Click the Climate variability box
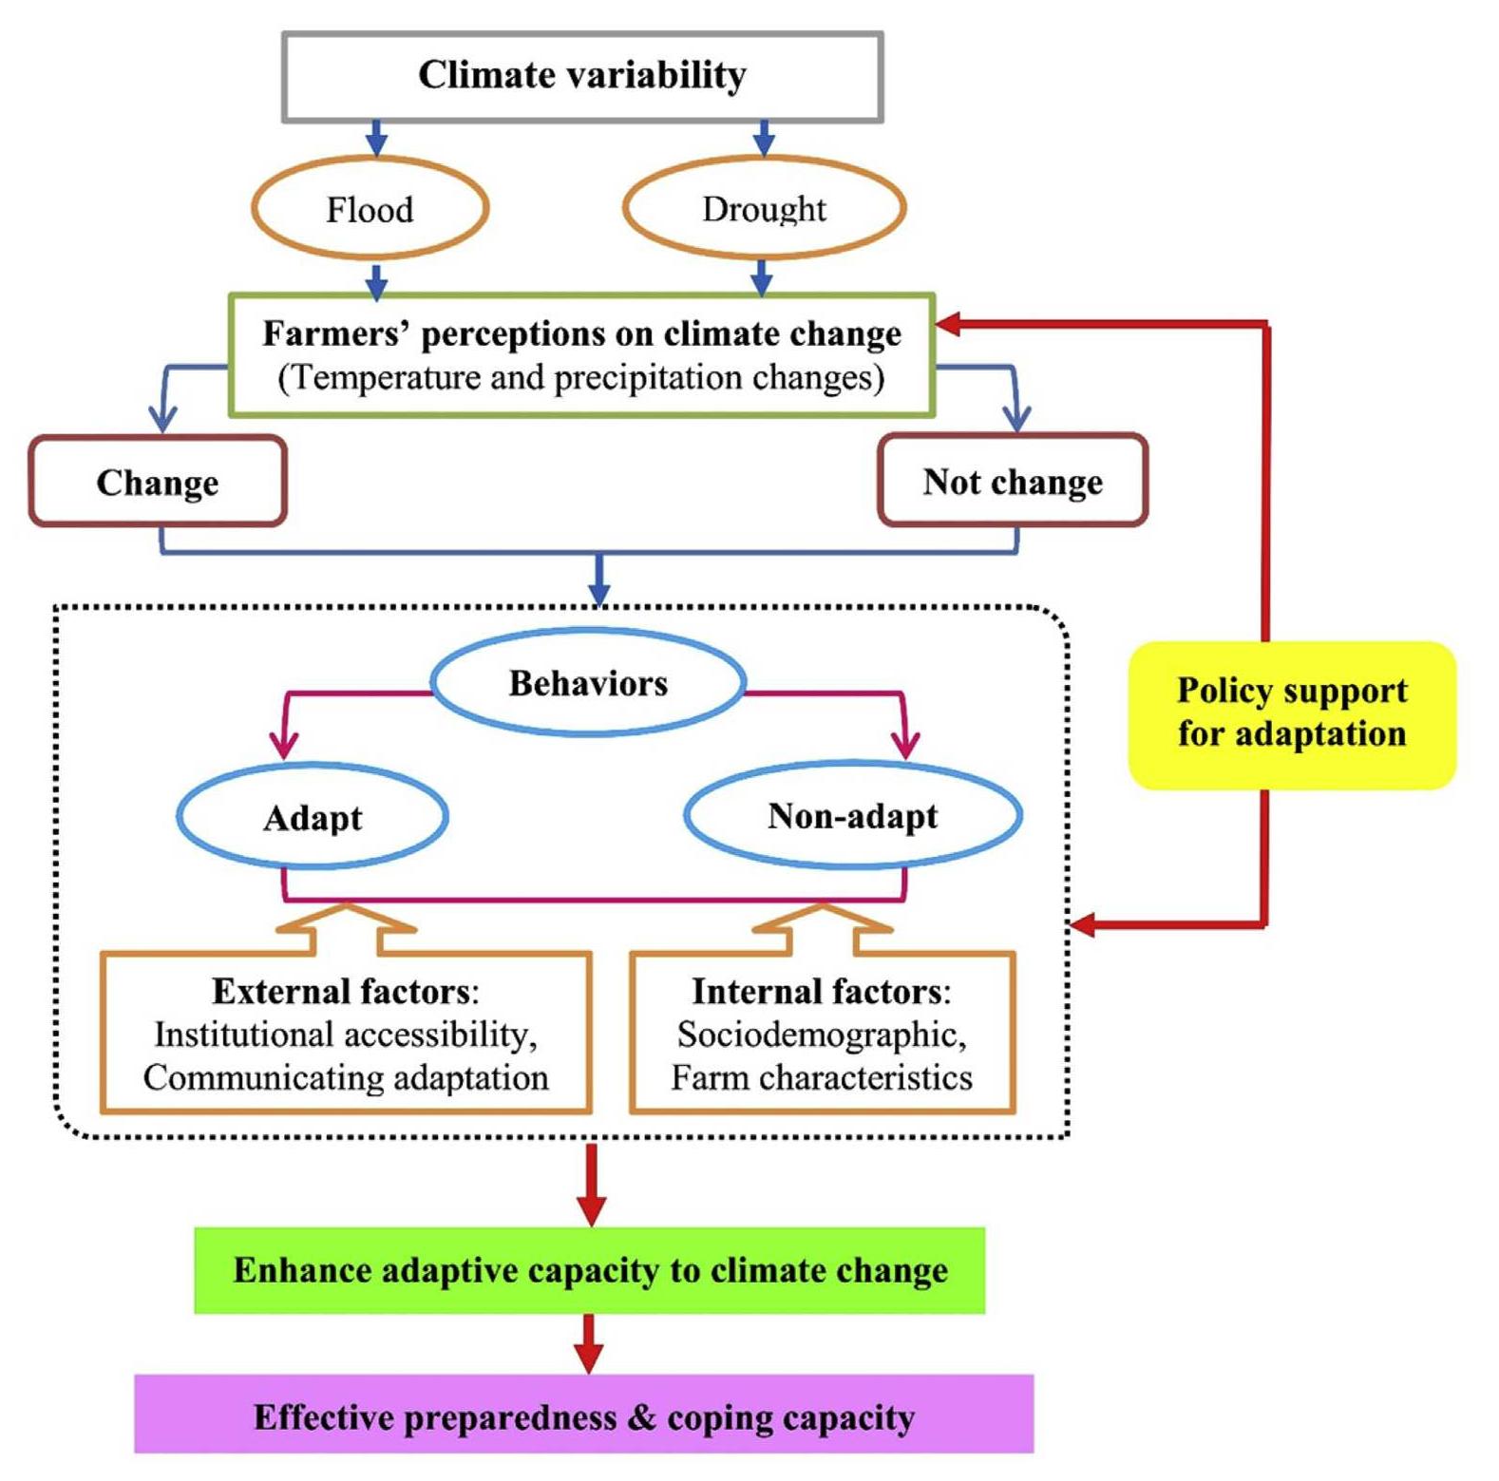pyautogui.click(x=582, y=76)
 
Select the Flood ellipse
pyautogui.click(x=370, y=209)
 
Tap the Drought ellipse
pyautogui.click(x=764, y=209)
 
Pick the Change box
pyautogui.click(x=158, y=482)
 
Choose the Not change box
pyautogui.click(x=1013, y=482)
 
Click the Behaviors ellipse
pyautogui.click(x=588, y=683)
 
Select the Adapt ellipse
pyautogui.click(x=313, y=817)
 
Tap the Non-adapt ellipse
pyautogui.click(x=852, y=816)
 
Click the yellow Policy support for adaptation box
pyautogui.click(x=1291, y=713)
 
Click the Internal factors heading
pyautogui.click(x=817, y=992)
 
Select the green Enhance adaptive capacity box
pyautogui.click(x=590, y=1270)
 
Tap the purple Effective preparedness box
pyautogui.click(x=583, y=1416)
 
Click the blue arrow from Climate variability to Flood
pyautogui.click(x=376, y=139)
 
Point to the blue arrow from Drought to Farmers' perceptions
pyautogui.click(x=761, y=276)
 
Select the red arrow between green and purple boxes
pyautogui.click(x=589, y=1343)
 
